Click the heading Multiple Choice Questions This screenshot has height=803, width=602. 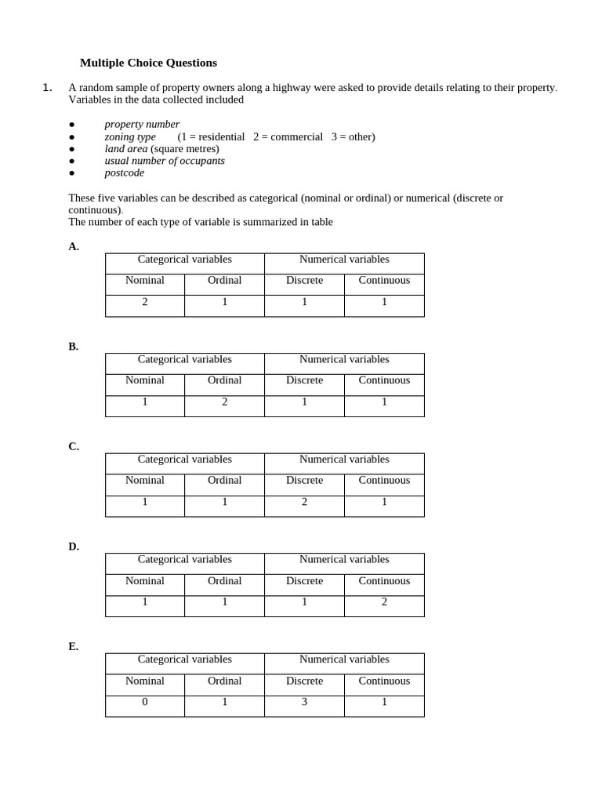148,63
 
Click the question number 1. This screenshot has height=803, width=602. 47,88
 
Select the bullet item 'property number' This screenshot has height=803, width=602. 142,124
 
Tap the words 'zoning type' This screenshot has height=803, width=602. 130,136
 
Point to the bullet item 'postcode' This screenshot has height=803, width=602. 125,173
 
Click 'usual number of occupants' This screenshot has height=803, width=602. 165,161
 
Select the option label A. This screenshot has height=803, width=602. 74,246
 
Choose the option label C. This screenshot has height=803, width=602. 74,446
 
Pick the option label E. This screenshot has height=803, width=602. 74,646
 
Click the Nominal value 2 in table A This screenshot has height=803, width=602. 145,302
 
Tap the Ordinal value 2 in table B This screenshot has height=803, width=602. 225,401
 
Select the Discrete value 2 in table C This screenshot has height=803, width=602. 304,502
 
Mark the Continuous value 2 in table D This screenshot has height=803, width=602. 384,602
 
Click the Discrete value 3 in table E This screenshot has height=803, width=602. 304,702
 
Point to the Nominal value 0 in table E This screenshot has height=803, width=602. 145,702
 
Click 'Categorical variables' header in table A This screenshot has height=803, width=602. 185,260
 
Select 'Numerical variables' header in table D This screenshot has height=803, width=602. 344,560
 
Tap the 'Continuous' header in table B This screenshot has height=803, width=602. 384,380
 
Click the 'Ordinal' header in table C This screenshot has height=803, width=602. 225,480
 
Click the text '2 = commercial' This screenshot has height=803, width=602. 288,136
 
